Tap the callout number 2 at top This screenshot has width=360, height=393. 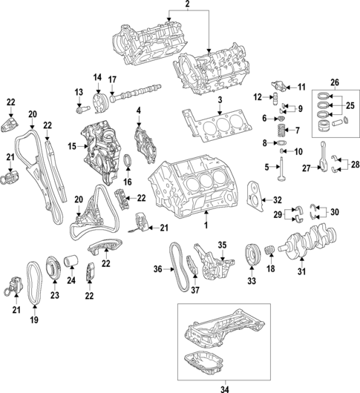click(x=188, y=5)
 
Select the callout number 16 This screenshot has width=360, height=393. click(x=128, y=180)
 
